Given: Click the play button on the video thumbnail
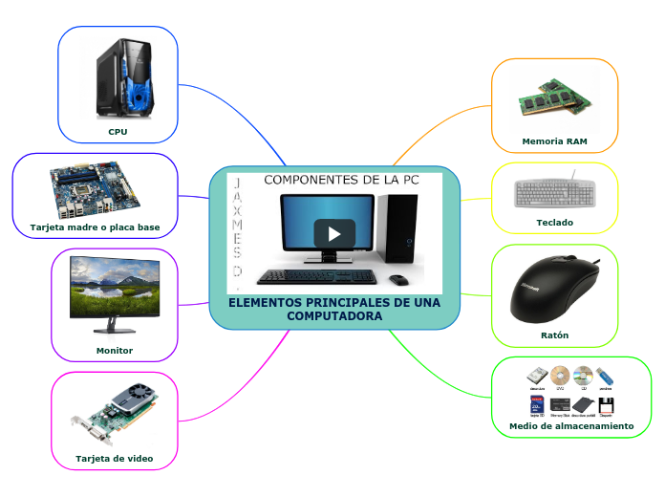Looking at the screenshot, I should (x=334, y=233).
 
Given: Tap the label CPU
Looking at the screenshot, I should (x=118, y=132).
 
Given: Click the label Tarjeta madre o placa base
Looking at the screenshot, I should (x=95, y=228).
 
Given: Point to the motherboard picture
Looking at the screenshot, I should (x=95, y=190).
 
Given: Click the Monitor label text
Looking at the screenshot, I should (x=115, y=351).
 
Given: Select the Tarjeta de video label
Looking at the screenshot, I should (x=115, y=459).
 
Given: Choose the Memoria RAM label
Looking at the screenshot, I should (x=554, y=141).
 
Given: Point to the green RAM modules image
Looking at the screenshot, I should (x=553, y=98).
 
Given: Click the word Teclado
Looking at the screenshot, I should (x=555, y=223).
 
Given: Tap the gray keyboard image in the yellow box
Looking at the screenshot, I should (x=554, y=191).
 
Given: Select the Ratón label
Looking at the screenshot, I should (x=554, y=335).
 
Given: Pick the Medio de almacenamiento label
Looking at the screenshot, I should (x=571, y=425).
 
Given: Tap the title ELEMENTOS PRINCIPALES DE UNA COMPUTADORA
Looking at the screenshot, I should (x=334, y=309).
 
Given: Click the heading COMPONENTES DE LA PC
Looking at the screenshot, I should (x=341, y=180).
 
